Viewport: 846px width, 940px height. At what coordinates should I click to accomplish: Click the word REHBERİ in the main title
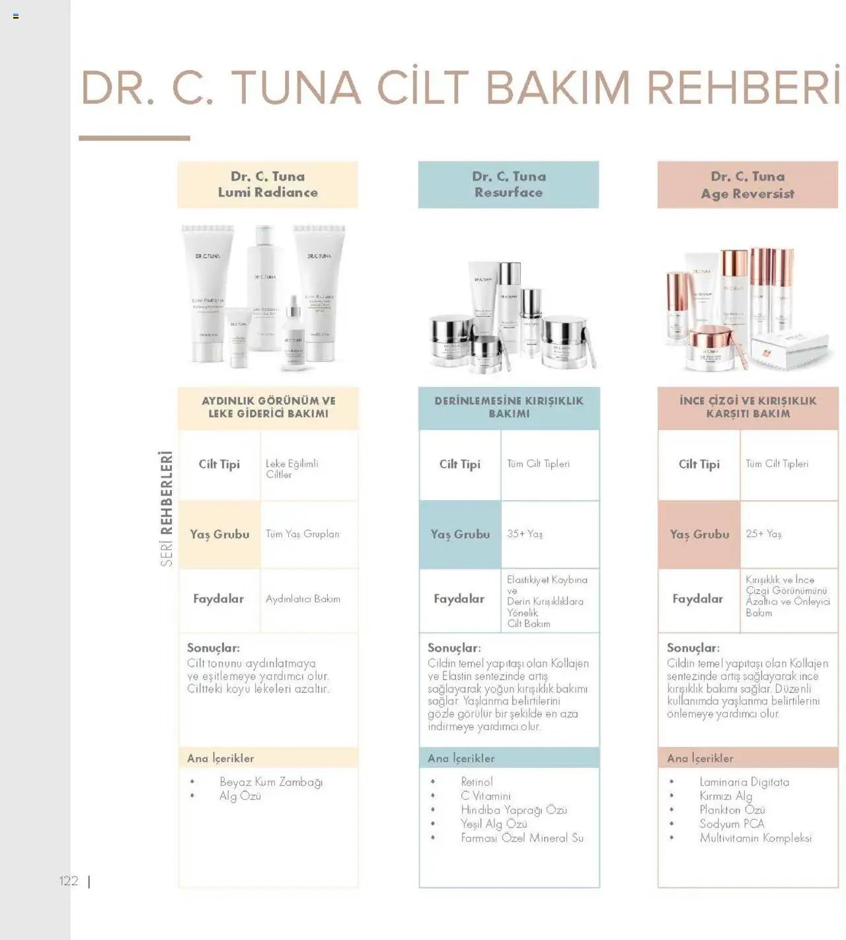tap(743, 88)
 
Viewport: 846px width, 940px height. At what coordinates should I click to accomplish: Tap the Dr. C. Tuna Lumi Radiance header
tap(268, 185)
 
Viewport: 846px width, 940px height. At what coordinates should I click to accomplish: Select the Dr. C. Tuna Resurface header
tap(508, 185)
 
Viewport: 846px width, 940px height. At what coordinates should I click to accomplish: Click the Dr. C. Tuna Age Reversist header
tap(748, 185)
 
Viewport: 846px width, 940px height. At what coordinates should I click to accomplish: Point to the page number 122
tap(68, 881)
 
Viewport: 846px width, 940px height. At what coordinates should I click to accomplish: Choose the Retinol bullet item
tap(477, 782)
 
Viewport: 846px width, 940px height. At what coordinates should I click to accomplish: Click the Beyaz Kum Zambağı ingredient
tap(271, 782)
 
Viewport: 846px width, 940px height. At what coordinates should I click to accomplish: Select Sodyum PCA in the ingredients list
tap(732, 824)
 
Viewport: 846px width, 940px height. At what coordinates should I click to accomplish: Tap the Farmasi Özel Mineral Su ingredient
tap(522, 837)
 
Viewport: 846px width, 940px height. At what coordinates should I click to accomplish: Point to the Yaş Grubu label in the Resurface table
tap(460, 534)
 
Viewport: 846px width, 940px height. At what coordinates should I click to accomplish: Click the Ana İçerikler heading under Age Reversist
tap(700, 758)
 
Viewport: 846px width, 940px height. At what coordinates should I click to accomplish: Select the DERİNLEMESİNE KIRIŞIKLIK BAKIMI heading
tap(508, 407)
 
